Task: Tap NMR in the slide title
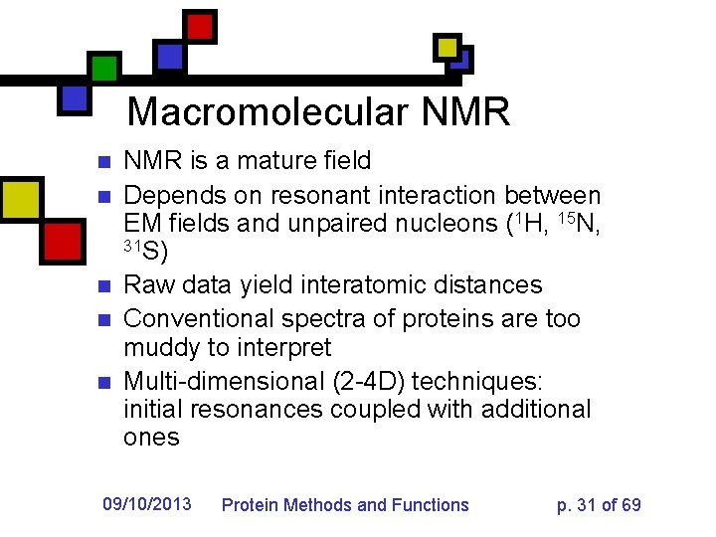click(x=465, y=111)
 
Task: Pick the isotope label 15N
click(x=575, y=224)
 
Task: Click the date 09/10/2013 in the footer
click(x=147, y=504)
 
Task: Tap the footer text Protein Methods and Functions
click(x=344, y=505)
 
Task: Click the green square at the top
click(x=104, y=69)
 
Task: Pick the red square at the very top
click(x=201, y=25)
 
